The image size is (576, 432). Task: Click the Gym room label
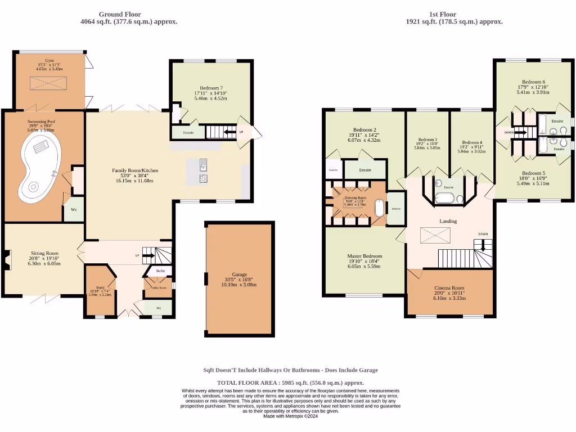click(x=49, y=60)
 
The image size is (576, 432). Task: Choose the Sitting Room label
click(x=44, y=254)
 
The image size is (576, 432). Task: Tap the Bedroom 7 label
click(x=210, y=88)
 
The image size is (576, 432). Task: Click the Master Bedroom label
click(x=364, y=256)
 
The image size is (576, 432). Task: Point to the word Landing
click(x=448, y=221)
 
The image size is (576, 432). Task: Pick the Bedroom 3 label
click(x=427, y=139)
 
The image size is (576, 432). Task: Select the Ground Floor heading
click(x=120, y=15)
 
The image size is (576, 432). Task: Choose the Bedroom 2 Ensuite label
click(x=365, y=169)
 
